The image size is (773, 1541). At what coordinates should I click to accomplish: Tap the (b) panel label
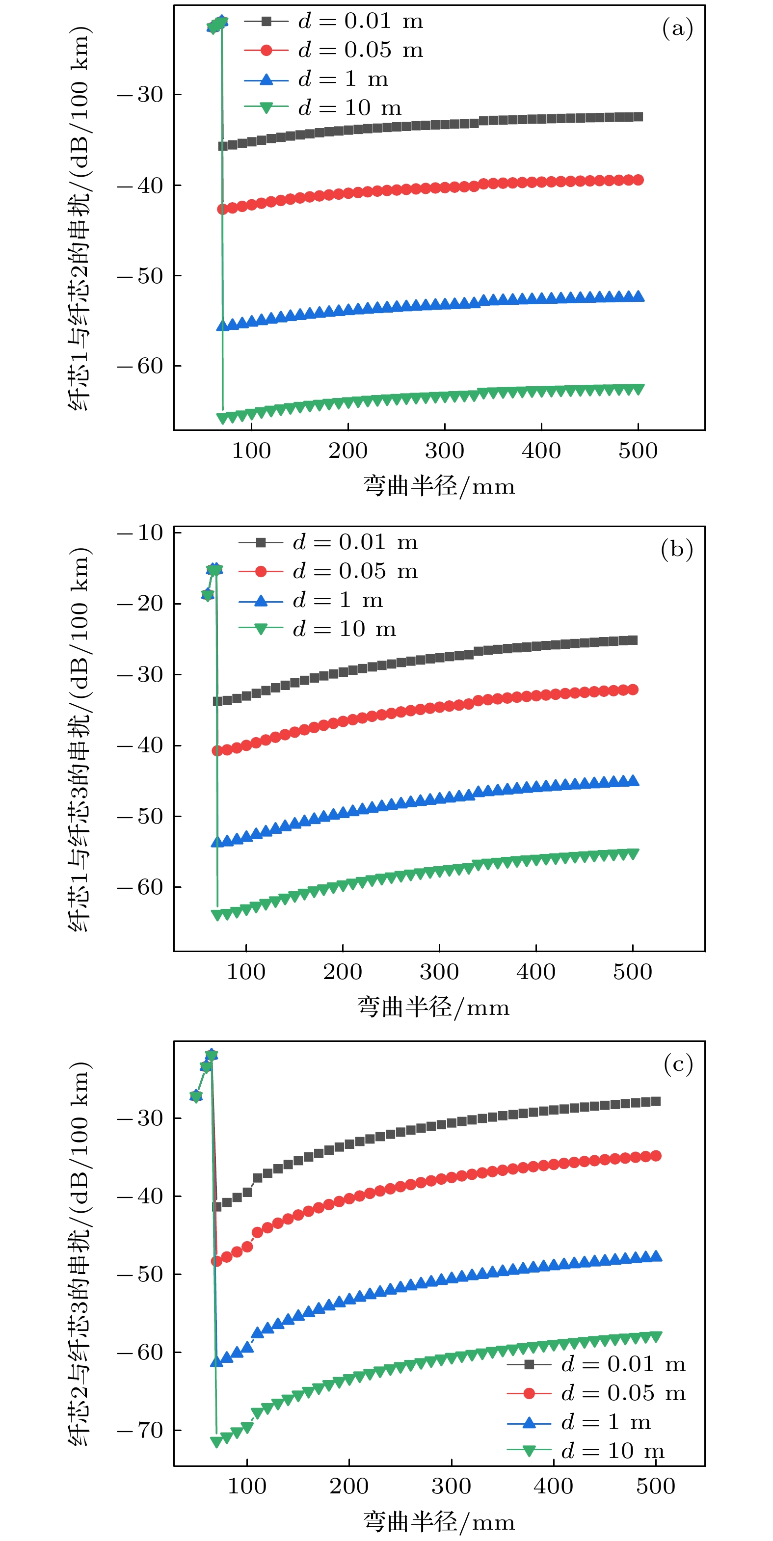point(677,549)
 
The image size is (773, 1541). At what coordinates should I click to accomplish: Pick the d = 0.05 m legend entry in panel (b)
point(328,571)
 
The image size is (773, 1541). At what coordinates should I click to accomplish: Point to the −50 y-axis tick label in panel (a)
point(140,276)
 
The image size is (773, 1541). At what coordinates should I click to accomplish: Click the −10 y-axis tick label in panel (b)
point(140,532)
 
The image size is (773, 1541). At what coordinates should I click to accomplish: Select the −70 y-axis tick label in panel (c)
point(140,1430)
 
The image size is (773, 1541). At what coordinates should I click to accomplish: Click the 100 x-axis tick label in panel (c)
point(246,1486)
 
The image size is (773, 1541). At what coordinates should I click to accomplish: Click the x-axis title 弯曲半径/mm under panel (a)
point(439,486)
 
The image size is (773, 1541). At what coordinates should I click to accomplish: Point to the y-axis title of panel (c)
point(79,1254)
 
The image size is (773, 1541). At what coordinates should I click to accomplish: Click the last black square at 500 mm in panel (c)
point(656,1101)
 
